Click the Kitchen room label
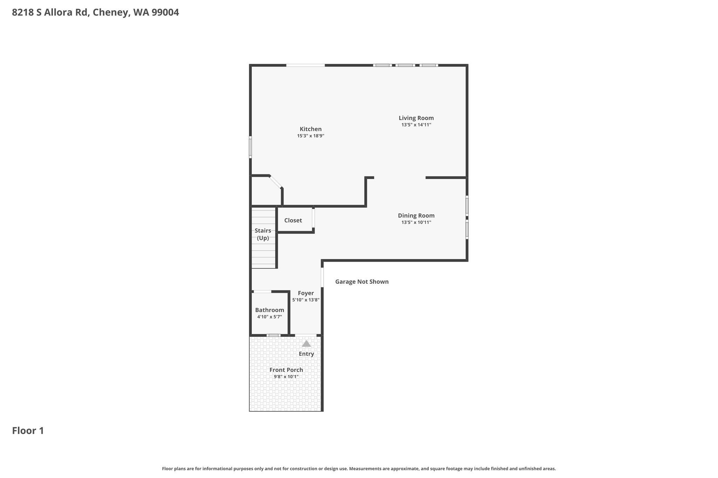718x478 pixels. click(311, 129)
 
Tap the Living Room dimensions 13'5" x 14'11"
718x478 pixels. click(416, 125)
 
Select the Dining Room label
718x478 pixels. click(416, 216)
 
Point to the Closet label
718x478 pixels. click(293, 220)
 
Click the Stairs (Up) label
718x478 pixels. click(263, 234)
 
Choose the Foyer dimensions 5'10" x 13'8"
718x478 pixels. click(306, 300)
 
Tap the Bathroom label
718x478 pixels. click(270, 310)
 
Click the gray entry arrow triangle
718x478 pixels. click(306, 344)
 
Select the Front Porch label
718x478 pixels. click(286, 370)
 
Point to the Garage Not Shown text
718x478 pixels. click(362, 282)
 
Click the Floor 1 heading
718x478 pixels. click(28, 431)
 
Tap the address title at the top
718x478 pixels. click(95, 13)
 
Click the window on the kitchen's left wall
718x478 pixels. click(250, 147)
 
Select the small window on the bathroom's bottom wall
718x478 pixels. click(273, 335)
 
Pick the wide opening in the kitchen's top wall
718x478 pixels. click(305, 65)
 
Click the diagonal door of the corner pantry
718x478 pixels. click(276, 182)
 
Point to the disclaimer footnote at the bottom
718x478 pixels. click(359, 469)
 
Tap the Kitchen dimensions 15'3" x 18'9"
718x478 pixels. click(311, 136)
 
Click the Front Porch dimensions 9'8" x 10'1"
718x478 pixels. click(286, 377)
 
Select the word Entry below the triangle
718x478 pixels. click(306, 354)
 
